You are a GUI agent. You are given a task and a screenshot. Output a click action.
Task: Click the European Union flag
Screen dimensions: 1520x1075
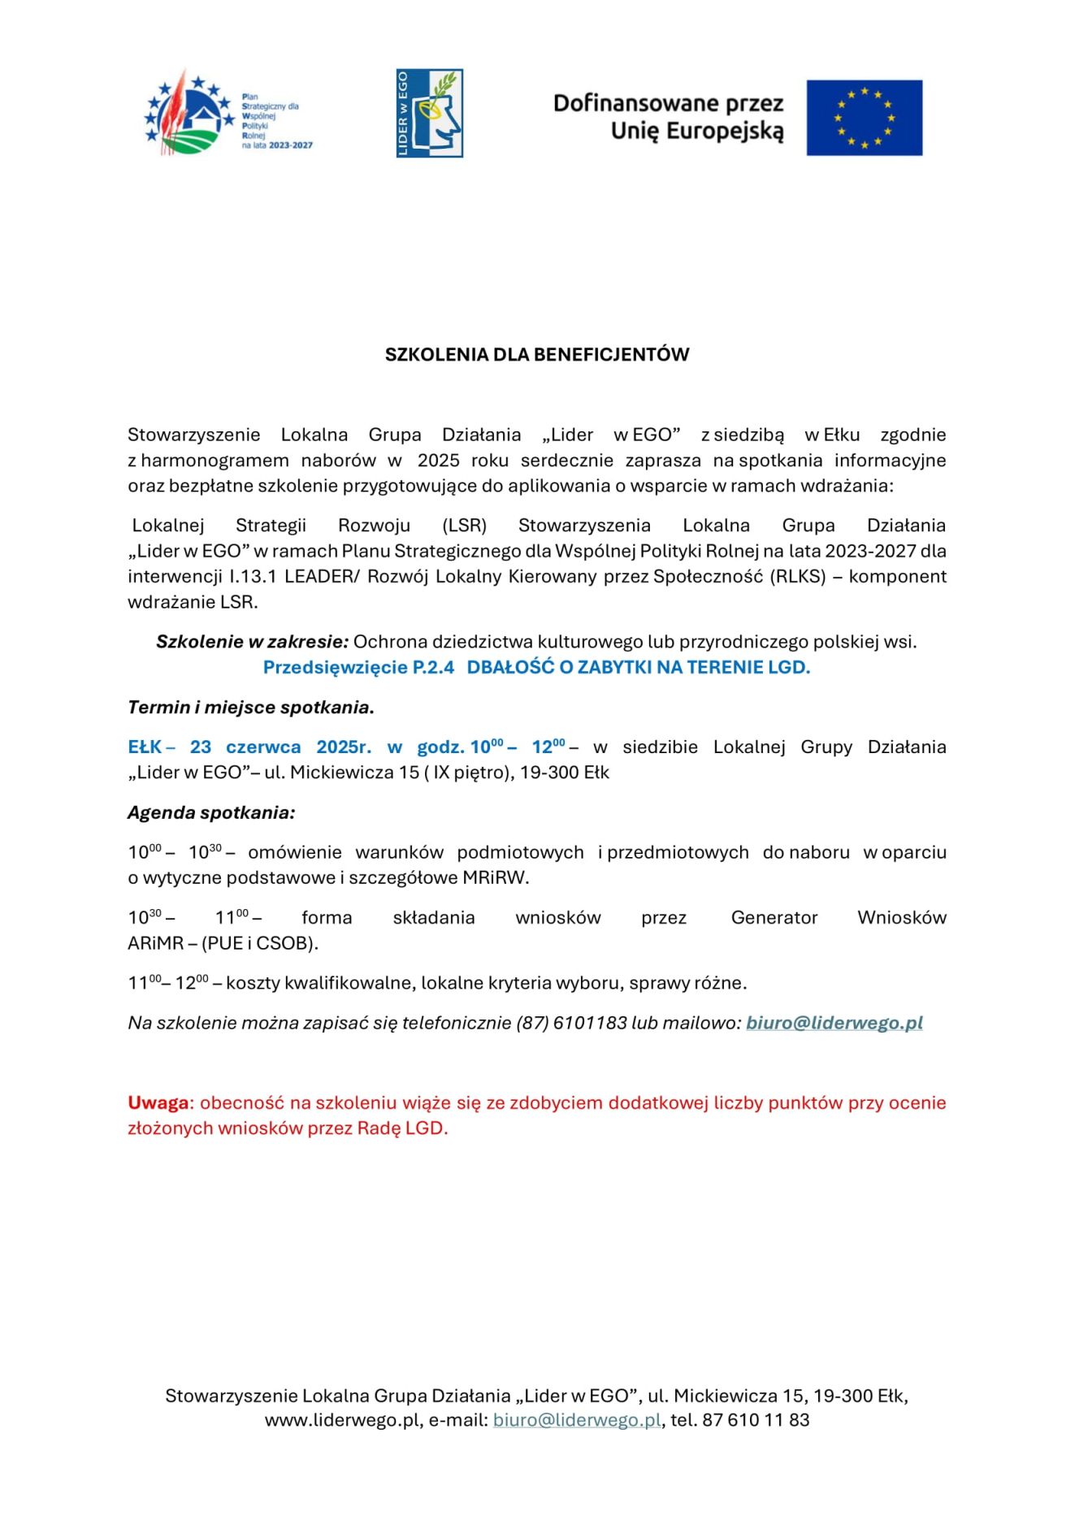(864, 118)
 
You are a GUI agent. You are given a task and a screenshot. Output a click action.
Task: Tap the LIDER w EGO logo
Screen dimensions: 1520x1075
(429, 113)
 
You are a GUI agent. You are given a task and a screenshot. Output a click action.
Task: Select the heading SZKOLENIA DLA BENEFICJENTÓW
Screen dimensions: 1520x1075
(537, 354)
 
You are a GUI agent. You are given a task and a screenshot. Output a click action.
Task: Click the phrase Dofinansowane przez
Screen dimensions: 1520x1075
(668, 103)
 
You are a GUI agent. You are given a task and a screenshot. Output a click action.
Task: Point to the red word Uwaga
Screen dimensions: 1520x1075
(158, 1102)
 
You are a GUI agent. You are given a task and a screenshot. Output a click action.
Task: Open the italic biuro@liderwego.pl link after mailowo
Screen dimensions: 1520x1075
(834, 1023)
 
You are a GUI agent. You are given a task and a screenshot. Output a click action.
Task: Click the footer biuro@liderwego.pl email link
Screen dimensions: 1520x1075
(577, 1419)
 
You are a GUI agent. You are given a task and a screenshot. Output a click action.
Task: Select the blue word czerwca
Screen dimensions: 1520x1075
(263, 747)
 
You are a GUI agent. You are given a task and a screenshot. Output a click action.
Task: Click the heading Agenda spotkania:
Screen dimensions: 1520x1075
(211, 812)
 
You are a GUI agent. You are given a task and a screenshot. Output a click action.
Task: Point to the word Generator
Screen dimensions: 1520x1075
(774, 917)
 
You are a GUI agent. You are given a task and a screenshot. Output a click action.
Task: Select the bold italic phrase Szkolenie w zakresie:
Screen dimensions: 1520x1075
(252, 642)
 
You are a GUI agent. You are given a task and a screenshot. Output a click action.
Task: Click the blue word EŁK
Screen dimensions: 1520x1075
(145, 747)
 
